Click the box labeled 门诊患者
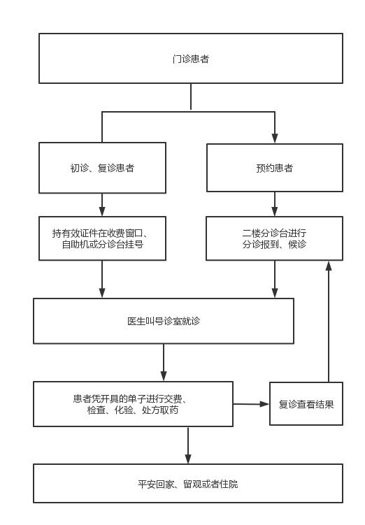[191, 58]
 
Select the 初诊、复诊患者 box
[103, 168]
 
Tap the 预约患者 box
[275, 168]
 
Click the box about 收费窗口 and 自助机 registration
[103, 238]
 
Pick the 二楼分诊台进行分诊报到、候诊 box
[275, 238]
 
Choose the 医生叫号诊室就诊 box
[164, 321]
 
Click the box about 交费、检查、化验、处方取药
[134, 404]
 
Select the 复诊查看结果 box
[306, 404]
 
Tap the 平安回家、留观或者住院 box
[188, 484]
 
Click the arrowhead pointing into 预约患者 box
[275, 138]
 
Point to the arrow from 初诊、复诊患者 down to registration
[102, 205]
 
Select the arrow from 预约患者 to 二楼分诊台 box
[275, 204]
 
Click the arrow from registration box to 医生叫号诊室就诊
[102, 279]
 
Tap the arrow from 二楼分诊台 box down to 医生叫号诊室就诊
[275, 279]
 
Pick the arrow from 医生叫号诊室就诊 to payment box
[164, 362]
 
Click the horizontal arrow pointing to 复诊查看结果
[252, 404]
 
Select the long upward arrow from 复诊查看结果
[329, 322]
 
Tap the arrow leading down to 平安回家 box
[188, 445]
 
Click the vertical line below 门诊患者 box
[191, 96]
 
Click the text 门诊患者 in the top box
[191, 59]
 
